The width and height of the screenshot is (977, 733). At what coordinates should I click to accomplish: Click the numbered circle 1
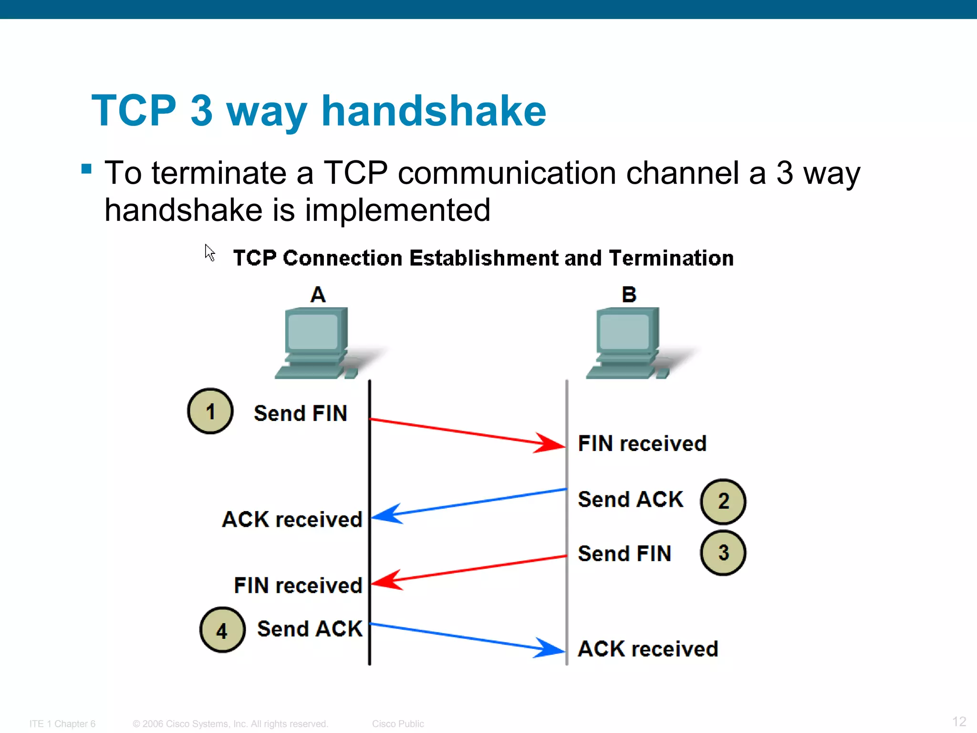click(x=210, y=411)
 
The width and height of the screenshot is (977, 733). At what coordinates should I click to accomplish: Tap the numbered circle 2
click(x=723, y=502)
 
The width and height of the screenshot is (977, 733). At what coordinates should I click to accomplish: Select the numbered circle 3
click(x=723, y=553)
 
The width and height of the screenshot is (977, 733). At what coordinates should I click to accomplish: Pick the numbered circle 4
click(x=222, y=630)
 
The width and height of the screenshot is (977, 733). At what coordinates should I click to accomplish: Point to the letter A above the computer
click(x=318, y=294)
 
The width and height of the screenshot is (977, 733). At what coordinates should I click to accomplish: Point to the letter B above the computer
click(x=629, y=294)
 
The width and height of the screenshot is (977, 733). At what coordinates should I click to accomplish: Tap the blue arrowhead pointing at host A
click(x=387, y=514)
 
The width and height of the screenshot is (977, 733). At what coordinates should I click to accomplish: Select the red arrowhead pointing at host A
click(x=387, y=580)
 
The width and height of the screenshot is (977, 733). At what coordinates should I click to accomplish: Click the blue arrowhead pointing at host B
click(x=549, y=648)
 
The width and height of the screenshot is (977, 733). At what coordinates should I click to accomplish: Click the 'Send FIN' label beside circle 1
click(x=300, y=413)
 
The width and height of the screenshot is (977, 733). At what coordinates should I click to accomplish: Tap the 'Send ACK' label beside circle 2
click(x=630, y=500)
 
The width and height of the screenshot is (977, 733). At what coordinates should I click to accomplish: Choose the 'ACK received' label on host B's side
click(x=647, y=649)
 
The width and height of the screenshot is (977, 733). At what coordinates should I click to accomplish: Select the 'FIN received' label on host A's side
click(x=298, y=586)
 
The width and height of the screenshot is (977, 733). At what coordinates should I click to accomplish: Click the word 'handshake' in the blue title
click(x=433, y=111)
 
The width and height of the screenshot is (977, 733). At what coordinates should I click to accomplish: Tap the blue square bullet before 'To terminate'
click(x=86, y=169)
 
